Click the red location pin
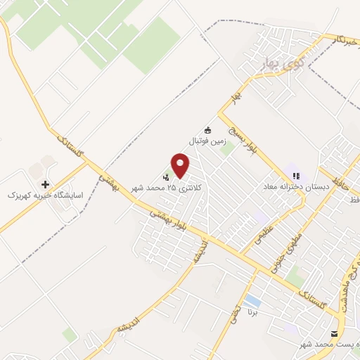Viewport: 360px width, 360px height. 181,165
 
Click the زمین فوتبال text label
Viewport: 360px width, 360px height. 207,141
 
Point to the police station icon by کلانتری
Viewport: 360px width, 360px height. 166,176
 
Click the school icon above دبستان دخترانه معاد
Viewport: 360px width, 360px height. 295,175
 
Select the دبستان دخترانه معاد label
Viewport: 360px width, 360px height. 295,187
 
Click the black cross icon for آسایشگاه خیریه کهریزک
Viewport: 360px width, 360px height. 46,184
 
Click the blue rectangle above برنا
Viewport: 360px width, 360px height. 253,302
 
